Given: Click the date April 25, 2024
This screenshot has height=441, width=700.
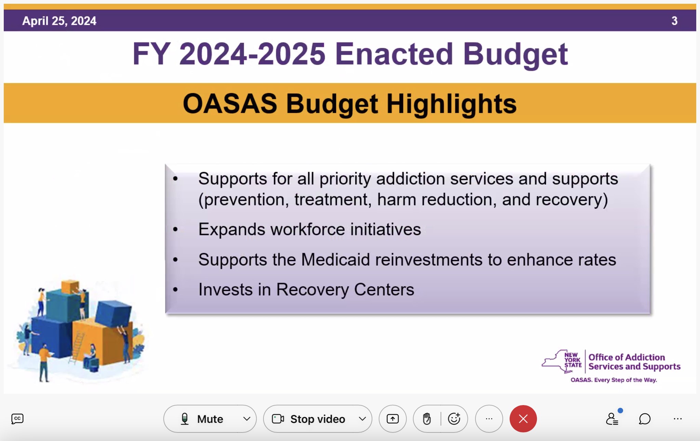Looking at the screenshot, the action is pyautogui.click(x=59, y=21).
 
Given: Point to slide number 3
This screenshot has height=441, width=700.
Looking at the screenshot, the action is pyautogui.click(x=674, y=21).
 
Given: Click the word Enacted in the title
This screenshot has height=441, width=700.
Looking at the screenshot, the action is pyautogui.click(x=394, y=54).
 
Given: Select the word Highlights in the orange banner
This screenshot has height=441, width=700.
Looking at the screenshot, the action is pyautogui.click(x=452, y=104).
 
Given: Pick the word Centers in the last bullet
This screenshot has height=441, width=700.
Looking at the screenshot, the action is pyautogui.click(x=384, y=290).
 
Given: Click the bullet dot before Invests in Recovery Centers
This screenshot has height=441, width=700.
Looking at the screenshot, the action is pyautogui.click(x=175, y=290).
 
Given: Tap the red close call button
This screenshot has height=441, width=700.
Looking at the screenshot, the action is pyautogui.click(x=523, y=419).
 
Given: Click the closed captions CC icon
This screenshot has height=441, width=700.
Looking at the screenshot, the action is pyautogui.click(x=17, y=419).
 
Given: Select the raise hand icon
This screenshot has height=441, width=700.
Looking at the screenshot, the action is pyautogui.click(x=427, y=419).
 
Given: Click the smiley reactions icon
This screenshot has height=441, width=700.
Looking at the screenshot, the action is pyautogui.click(x=454, y=418).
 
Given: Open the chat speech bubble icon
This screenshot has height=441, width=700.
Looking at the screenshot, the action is pyautogui.click(x=645, y=419).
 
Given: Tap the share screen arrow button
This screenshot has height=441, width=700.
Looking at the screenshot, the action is pyautogui.click(x=392, y=419).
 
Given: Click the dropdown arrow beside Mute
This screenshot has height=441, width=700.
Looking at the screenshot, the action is pyautogui.click(x=247, y=419).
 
